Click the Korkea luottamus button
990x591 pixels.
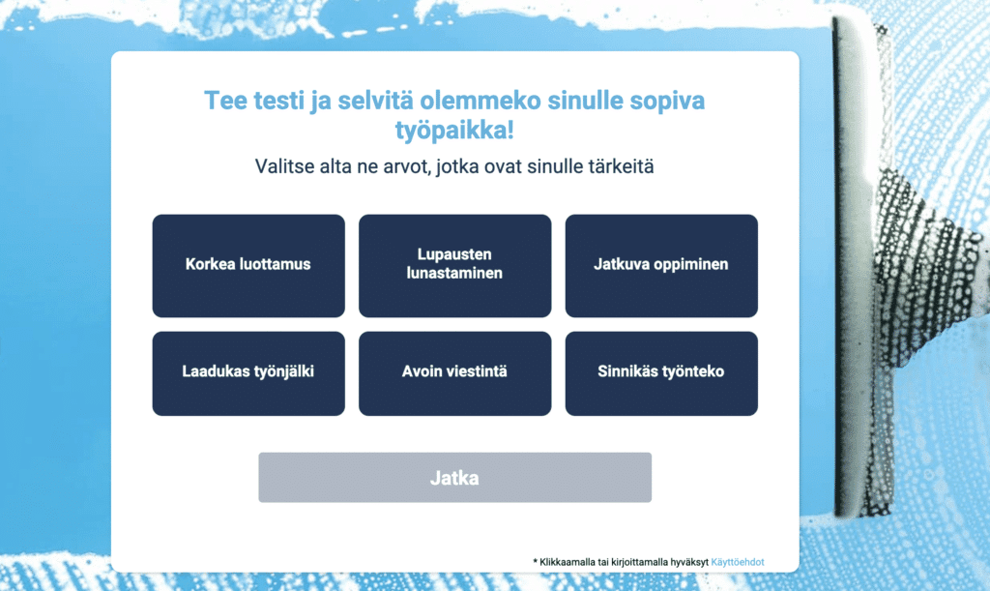[248, 265]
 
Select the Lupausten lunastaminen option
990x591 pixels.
[454, 265]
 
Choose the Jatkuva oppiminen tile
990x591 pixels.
[661, 265]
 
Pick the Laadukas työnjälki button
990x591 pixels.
[248, 372]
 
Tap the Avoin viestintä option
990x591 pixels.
[454, 372]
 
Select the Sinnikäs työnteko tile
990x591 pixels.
[661, 372]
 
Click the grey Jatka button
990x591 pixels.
[454, 478]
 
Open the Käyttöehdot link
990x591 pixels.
[738, 562]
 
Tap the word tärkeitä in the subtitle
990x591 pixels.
[621, 166]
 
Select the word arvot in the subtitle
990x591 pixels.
[405, 166]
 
